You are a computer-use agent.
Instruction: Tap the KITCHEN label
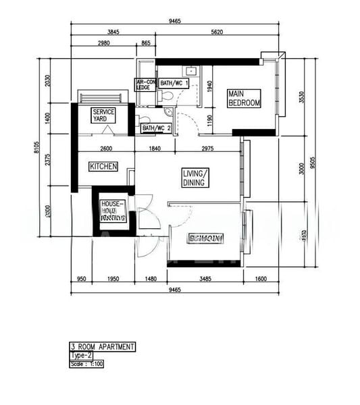coord(103,166)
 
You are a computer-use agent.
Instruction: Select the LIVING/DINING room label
coord(196,178)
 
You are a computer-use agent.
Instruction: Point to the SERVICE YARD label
coord(103,115)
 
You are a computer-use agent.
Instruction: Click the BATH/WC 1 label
coord(174,82)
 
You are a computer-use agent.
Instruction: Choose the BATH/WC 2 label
coord(156,128)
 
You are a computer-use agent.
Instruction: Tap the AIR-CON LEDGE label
coord(145,84)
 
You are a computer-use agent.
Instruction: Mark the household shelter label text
coord(113,211)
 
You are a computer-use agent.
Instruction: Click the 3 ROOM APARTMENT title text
coord(103,347)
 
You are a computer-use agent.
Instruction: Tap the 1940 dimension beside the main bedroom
coord(210,86)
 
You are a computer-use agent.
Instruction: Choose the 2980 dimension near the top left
coord(103,43)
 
